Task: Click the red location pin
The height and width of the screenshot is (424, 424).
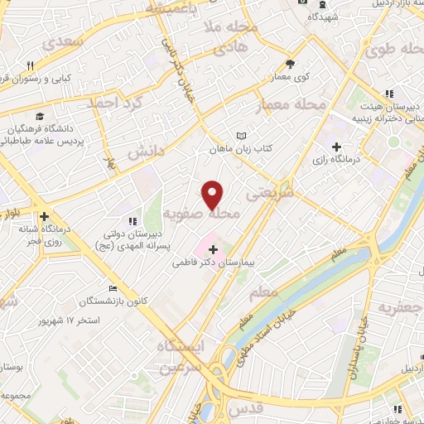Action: pyautogui.click(x=214, y=194)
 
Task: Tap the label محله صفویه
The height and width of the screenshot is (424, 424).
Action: pyautogui.click(x=208, y=214)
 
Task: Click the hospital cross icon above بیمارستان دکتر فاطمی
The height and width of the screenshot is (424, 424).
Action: pyautogui.click(x=213, y=248)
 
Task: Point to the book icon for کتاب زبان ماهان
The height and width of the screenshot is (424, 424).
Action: pyautogui.click(x=241, y=135)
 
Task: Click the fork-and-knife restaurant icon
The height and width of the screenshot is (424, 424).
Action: pyautogui.click(x=31, y=65)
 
